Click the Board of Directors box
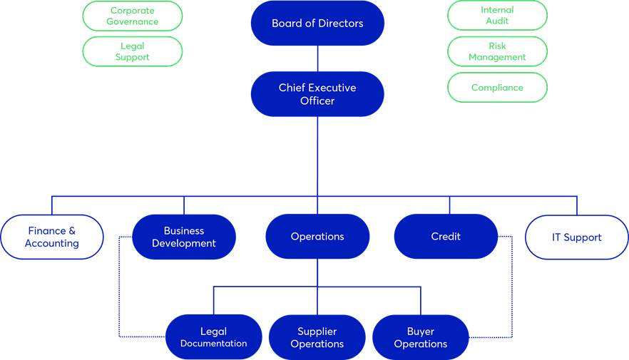point(317,24)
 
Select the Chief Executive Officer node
point(317,94)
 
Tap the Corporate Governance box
point(133,16)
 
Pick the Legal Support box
point(133,51)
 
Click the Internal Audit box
point(497,16)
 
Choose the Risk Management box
point(497,51)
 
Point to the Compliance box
point(497,88)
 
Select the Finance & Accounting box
point(52,237)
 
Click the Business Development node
point(184,237)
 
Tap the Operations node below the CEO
point(317,237)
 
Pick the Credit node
point(446,237)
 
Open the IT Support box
point(577,237)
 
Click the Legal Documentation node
point(213,337)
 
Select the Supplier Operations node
point(317,337)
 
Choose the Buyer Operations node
point(421,337)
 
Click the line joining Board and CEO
point(317,58)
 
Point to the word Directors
point(339,24)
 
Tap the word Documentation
point(213,344)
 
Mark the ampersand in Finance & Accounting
point(71,231)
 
